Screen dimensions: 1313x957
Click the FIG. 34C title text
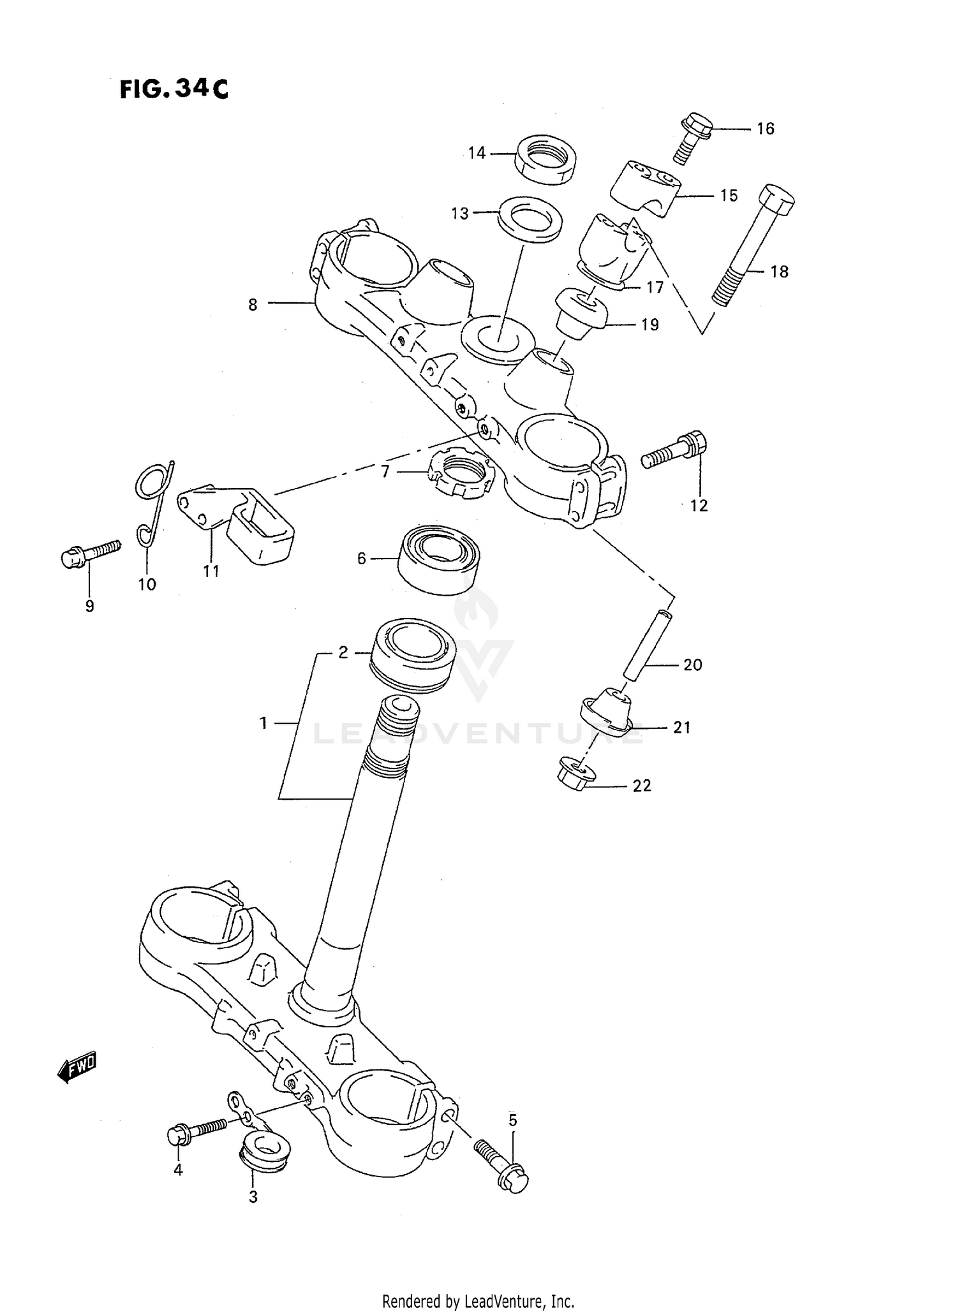click(173, 90)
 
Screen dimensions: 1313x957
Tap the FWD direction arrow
click(77, 1066)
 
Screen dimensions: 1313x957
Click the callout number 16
click(765, 129)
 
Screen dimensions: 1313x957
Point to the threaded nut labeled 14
click(545, 160)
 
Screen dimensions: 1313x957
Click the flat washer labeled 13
click(530, 219)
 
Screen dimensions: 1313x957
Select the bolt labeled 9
click(89, 552)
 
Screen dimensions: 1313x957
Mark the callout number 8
click(253, 305)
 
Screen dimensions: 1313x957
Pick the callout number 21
click(681, 728)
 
